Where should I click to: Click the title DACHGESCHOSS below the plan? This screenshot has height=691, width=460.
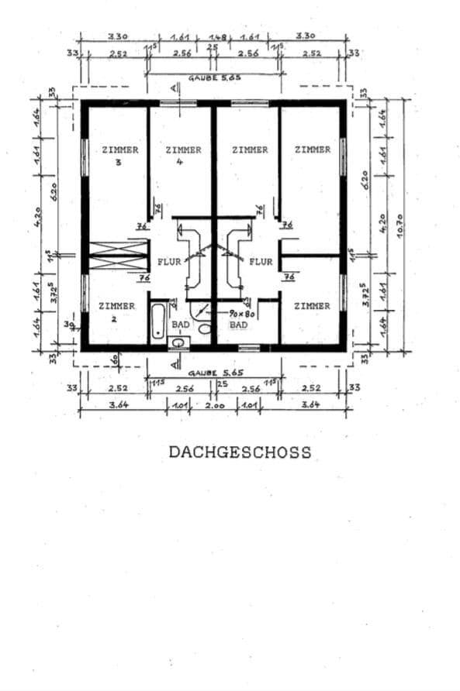[x=240, y=452]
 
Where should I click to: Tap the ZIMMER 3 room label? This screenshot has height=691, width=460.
[x=120, y=155]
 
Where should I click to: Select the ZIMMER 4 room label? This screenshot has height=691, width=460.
[x=183, y=155]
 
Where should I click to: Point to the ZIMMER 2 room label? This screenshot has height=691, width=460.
[x=117, y=311]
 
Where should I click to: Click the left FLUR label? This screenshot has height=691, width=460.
[x=169, y=262]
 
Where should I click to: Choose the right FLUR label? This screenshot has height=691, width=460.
[x=261, y=262]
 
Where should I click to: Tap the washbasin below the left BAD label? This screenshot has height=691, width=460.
[x=178, y=341]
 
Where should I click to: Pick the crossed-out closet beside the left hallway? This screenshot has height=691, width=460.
[x=119, y=256]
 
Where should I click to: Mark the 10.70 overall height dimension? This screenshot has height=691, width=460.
[x=401, y=225]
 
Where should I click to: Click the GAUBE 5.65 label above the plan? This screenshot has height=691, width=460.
[x=214, y=78]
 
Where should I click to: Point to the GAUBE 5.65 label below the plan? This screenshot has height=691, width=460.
[x=214, y=373]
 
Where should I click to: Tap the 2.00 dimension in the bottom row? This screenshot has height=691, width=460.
[x=215, y=404]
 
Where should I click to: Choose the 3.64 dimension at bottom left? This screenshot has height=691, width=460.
[x=119, y=404]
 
